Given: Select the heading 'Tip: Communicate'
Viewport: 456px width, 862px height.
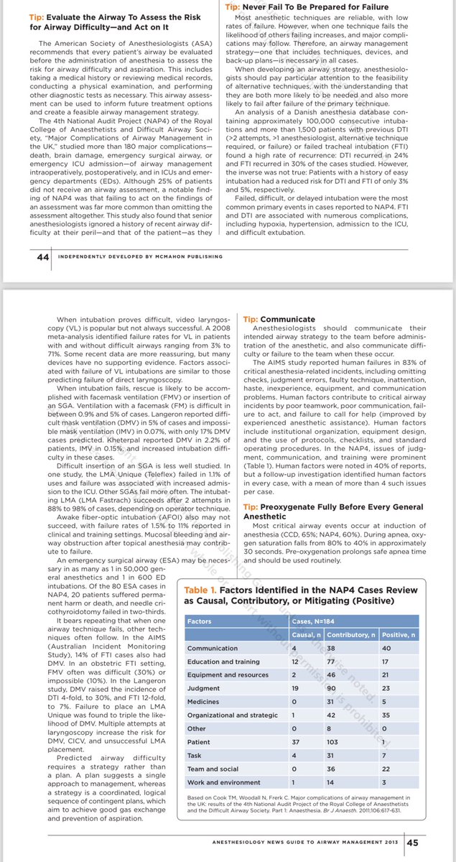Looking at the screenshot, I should tap(269, 319).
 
